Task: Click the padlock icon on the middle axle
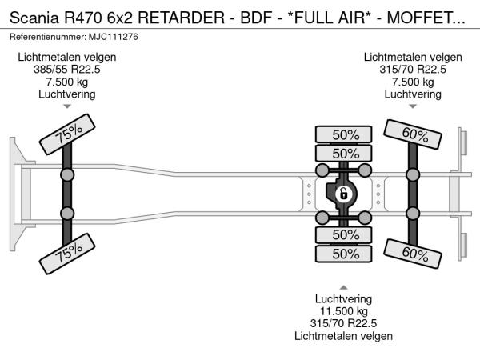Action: click(x=342, y=194)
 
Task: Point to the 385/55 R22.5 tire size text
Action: click(x=66, y=70)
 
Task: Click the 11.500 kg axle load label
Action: click(x=345, y=310)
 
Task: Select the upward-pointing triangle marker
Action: click(x=345, y=286)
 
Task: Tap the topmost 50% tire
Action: click(x=345, y=134)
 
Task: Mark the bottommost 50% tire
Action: click(x=345, y=254)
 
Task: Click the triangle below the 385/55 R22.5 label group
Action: click(x=66, y=106)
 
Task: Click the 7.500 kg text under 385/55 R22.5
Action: click(x=66, y=82)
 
